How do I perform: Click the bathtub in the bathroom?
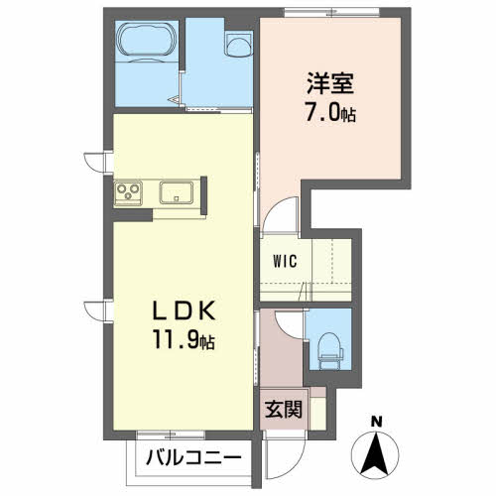point(147,42)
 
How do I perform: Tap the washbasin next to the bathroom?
point(239,45)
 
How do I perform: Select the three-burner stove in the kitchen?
point(128,193)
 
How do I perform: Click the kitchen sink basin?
point(177,192)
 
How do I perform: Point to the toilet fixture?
point(329,350)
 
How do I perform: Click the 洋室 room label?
point(330,83)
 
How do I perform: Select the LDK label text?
point(184,311)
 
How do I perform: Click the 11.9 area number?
point(176,340)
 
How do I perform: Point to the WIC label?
point(285,261)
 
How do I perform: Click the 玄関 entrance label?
point(284,410)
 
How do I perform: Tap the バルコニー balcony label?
point(193,458)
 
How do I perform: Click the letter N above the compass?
point(376,422)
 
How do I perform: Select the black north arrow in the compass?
point(376,453)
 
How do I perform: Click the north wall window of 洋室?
point(331,13)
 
